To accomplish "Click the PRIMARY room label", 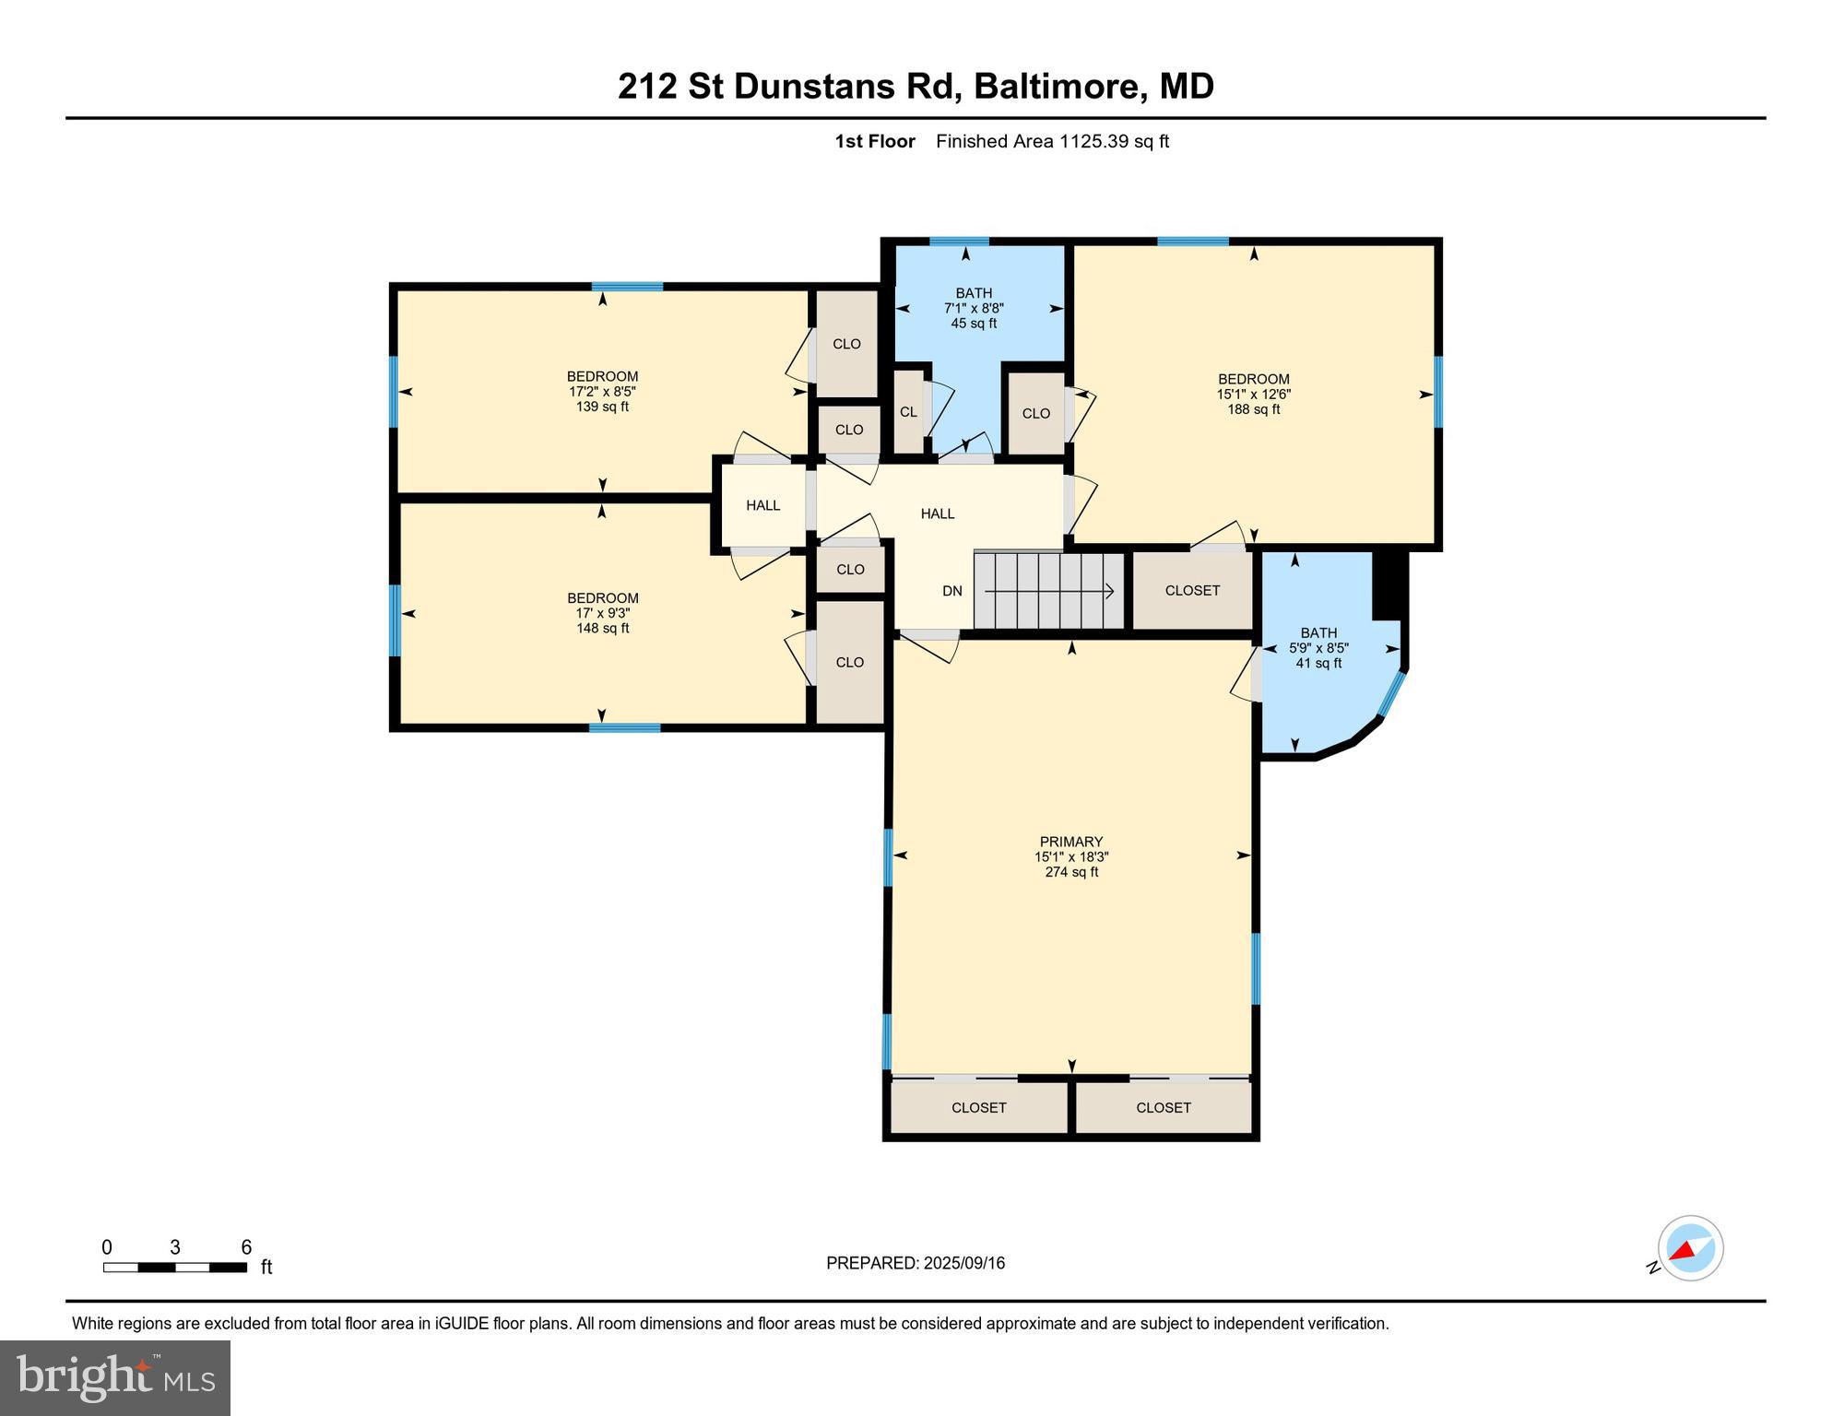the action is pyautogui.click(x=1070, y=842).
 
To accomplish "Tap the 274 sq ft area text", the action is pyautogui.click(x=1071, y=872).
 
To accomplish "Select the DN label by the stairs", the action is pyautogui.click(x=952, y=591).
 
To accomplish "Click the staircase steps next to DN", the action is pyautogui.click(x=1049, y=590).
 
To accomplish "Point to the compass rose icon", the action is pyautogui.click(x=1690, y=1248).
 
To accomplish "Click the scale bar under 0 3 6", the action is pyautogui.click(x=175, y=1268).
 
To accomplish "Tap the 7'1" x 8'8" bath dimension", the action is pyautogui.click(x=974, y=309).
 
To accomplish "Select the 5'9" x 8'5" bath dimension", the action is pyautogui.click(x=1318, y=648).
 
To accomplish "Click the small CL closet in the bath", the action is pyautogui.click(x=909, y=412).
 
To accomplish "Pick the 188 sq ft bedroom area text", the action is pyautogui.click(x=1253, y=409).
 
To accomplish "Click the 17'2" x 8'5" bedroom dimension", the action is pyautogui.click(x=602, y=392).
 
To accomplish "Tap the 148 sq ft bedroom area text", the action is pyautogui.click(x=603, y=629).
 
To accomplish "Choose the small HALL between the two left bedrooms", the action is pyautogui.click(x=763, y=505).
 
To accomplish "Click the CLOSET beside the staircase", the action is pyautogui.click(x=1192, y=590).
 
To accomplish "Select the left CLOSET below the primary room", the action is pyautogui.click(x=979, y=1107).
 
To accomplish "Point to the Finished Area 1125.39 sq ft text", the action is pyautogui.click(x=1052, y=141).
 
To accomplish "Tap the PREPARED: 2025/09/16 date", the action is pyautogui.click(x=916, y=1263).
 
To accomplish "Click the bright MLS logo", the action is pyautogui.click(x=115, y=1378).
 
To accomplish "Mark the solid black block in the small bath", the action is pyautogui.click(x=1389, y=585).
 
